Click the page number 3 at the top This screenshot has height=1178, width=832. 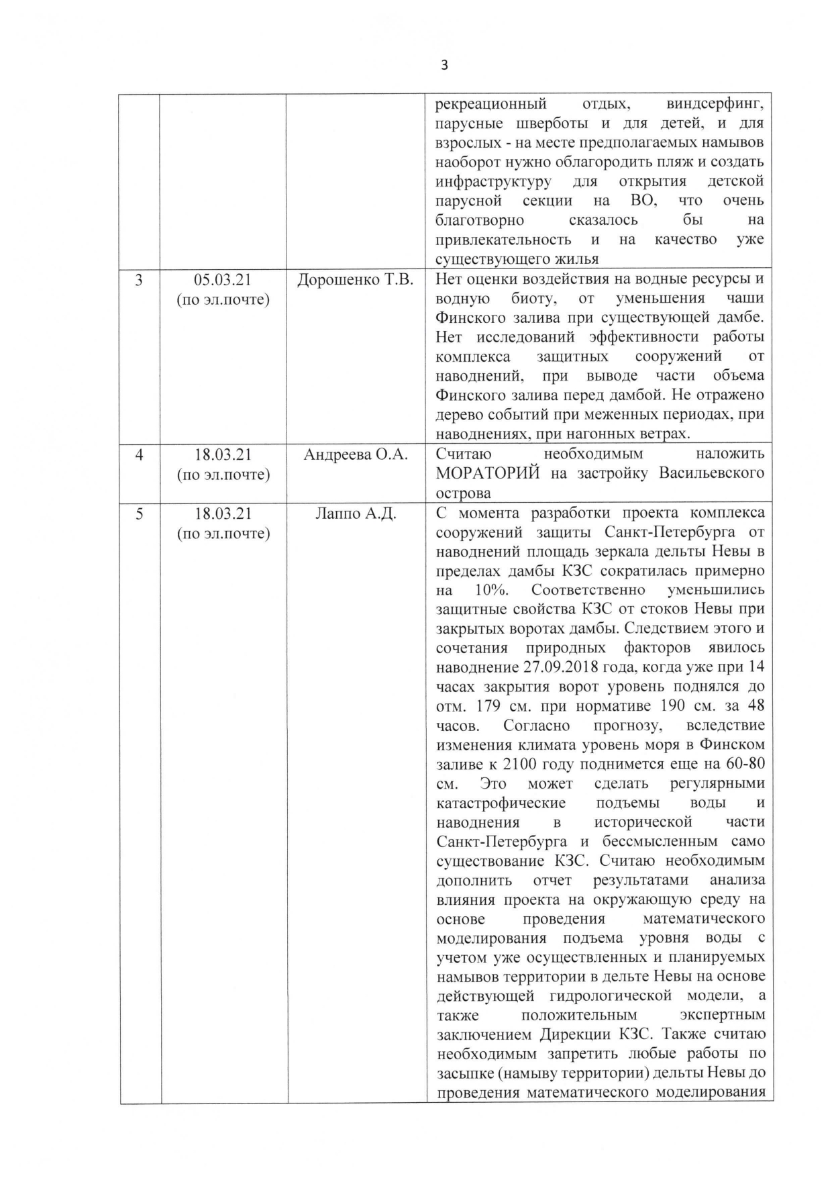pyautogui.click(x=444, y=65)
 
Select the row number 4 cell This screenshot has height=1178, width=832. pyautogui.click(x=139, y=455)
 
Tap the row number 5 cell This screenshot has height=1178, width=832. pyautogui.click(x=139, y=514)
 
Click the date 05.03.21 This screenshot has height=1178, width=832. pyautogui.click(x=223, y=280)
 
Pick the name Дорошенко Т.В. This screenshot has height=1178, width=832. pyautogui.click(x=356, y=280)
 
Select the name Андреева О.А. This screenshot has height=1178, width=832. pyautogui.click(x=356, y=455)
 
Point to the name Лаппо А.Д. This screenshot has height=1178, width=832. pyautogui.click(x=356, y=514)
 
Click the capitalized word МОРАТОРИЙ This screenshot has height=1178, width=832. pyautogui.click(x=488, y=474)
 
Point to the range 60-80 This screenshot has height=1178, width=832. pyautogui.click(x=740, y=765)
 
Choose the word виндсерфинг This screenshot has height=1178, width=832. pyautogui.click(x=715, y=105)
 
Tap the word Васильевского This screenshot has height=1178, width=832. pyautogui.click(x=711, y=474)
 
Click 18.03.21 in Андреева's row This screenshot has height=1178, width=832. pyautogui.click(x=223, y=455)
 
